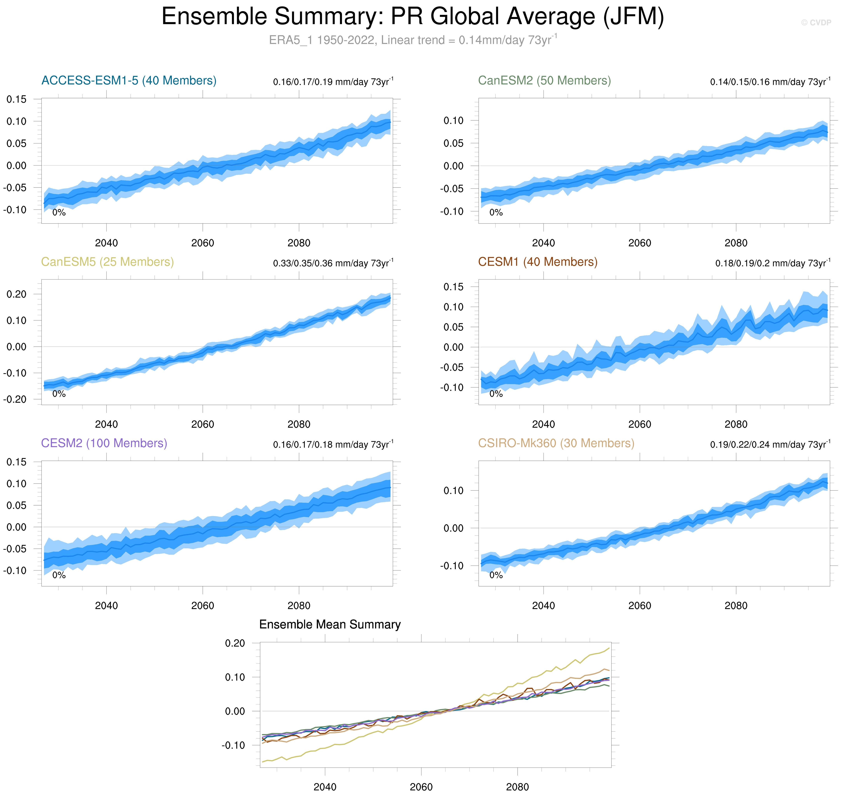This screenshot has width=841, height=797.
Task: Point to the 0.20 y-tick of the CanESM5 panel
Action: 16,294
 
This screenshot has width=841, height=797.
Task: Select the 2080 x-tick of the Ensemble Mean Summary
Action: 517,787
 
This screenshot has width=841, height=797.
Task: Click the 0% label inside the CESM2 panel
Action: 59,575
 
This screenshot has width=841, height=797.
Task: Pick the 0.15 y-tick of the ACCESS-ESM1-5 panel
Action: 16,99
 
